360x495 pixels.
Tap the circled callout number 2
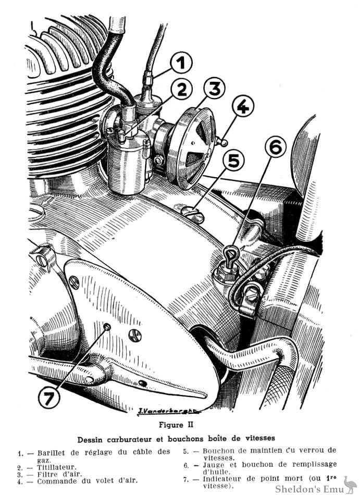(x=181, y=90)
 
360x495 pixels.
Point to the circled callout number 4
(x=242, y=107)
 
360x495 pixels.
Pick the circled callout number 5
(x=234, y=160)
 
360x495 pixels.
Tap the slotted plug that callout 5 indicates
(x=194, y=214)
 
